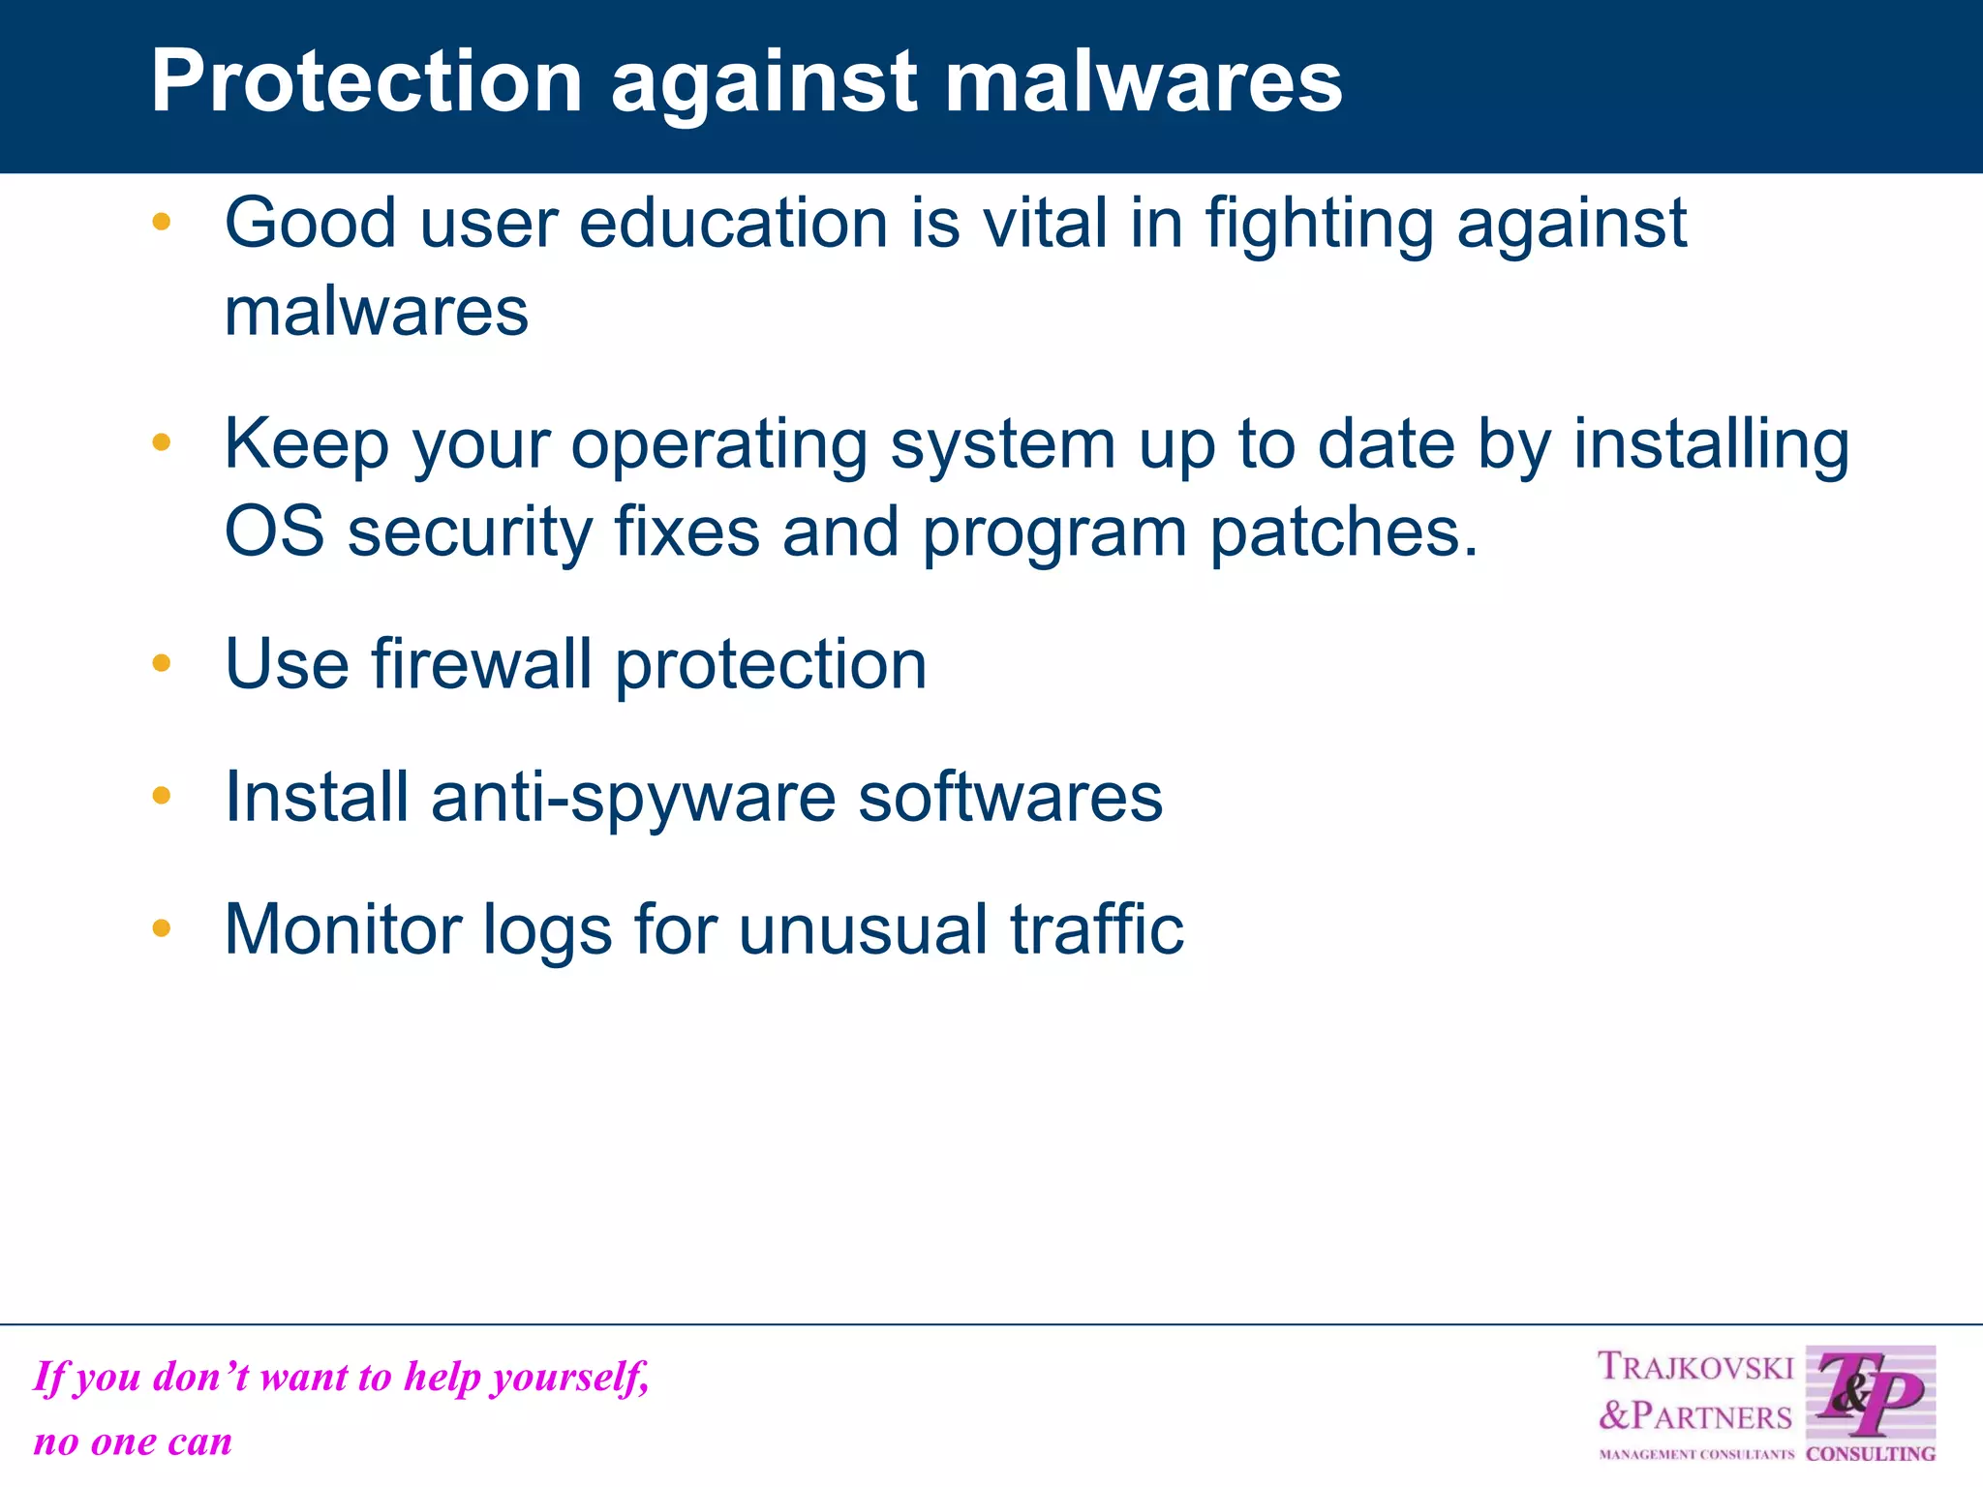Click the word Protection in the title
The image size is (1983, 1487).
tap(366, 81)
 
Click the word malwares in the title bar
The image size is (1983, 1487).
tap(1143, 81)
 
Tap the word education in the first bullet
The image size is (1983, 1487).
tap(733, 224)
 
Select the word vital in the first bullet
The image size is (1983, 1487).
tap(1045, 224)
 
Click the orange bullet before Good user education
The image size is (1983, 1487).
tap(162, 222)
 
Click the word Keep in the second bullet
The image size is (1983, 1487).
tap(306, 445)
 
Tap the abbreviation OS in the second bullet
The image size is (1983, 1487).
tap(274, 532)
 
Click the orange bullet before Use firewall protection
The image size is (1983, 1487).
tap(162, 663)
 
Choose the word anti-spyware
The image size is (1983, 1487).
tap(633, 800)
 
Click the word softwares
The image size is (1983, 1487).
tap(1010, 798)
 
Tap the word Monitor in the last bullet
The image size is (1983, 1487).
tap(343, 929)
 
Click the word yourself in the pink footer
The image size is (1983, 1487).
tap(569, 1378)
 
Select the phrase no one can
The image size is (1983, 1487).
tap(133, 1442)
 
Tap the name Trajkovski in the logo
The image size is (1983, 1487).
tap(1694, 1367)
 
